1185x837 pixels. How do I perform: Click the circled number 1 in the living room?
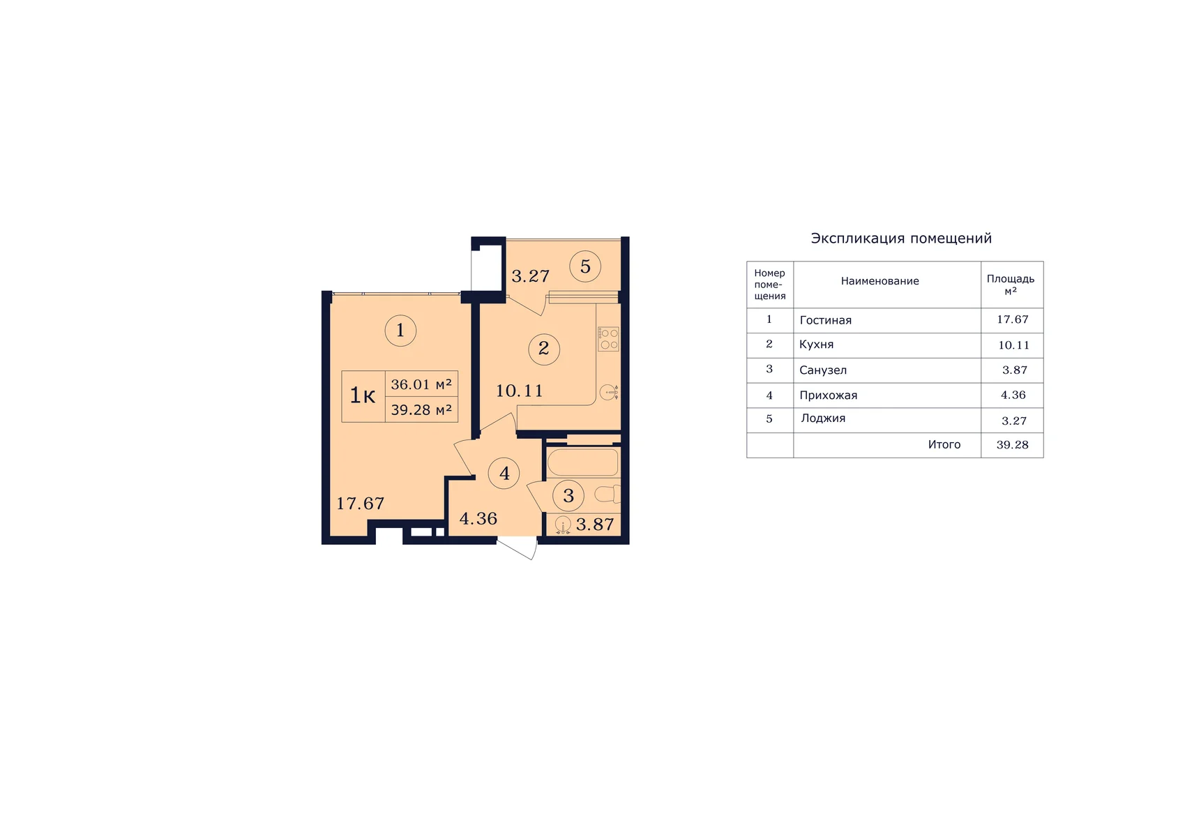click(x=400, y=330)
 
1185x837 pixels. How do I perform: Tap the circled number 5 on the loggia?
click(x=585, y=266)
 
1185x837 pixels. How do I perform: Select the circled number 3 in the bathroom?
click(x=568, y=496)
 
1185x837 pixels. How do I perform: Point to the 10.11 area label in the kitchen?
click(x=520, y=391)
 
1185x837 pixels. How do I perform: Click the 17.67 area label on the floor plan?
click(x=361, y=503)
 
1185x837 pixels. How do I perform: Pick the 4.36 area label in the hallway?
click(x=478, y=518)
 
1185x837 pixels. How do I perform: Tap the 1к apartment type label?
click(x=363, y=395)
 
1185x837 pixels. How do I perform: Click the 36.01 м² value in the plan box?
click(x=421, y=384)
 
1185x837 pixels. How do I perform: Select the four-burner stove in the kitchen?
click(x=608, y=338)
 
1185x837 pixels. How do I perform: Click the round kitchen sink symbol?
click(x=609, y=392)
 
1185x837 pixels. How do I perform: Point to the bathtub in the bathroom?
click(x=582, y=462)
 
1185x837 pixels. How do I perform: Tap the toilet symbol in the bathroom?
click(x=607, y=494)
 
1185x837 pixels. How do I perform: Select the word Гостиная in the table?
click(x=825, y=320)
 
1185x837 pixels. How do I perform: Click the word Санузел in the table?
click(x=822, y=370)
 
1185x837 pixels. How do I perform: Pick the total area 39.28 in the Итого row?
click(x=1012, y=445)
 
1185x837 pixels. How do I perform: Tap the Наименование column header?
click(x=880, y=281)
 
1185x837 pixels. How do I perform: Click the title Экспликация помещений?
click(x=901, y=238)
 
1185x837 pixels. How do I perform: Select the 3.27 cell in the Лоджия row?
click(x=1013, y=421)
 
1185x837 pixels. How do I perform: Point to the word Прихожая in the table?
click(x=828, y=395)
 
